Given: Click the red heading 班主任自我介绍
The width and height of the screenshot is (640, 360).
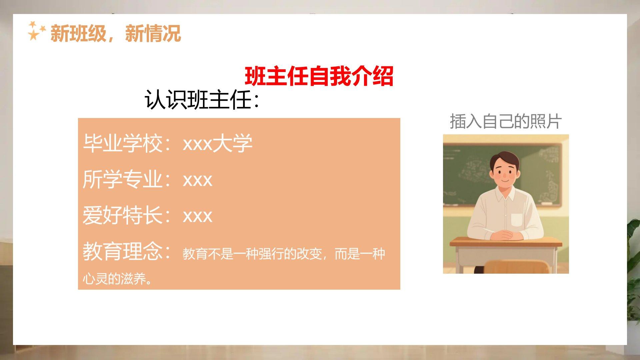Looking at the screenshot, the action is pos(319,76).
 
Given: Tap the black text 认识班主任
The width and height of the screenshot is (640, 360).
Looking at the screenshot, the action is pos(198,100).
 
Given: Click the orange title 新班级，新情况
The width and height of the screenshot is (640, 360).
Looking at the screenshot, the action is pos(115,34).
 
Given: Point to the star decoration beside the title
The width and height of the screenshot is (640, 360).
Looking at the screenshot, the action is pos(36,31).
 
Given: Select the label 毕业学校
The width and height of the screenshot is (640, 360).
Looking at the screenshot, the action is pos(123,144).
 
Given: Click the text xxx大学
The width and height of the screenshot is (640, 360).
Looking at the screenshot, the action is pos(218,144).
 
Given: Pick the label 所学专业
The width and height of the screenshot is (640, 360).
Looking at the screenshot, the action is pos(123,179).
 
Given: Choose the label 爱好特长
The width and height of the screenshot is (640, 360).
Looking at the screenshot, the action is pos(123,215).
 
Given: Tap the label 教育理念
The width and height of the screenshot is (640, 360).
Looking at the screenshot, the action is pos(123,251).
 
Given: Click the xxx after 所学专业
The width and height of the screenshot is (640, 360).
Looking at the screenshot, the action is pos(198,181).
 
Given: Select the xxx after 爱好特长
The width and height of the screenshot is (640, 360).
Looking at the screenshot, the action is pos(198,216).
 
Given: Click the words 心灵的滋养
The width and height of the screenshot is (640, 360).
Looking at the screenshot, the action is pos(114,279).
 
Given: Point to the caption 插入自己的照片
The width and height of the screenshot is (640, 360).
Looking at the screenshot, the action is pos(506,121).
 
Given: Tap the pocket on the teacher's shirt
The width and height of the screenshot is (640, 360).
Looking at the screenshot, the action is pos(517,220).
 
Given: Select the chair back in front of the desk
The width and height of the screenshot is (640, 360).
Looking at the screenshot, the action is pos(516,267).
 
